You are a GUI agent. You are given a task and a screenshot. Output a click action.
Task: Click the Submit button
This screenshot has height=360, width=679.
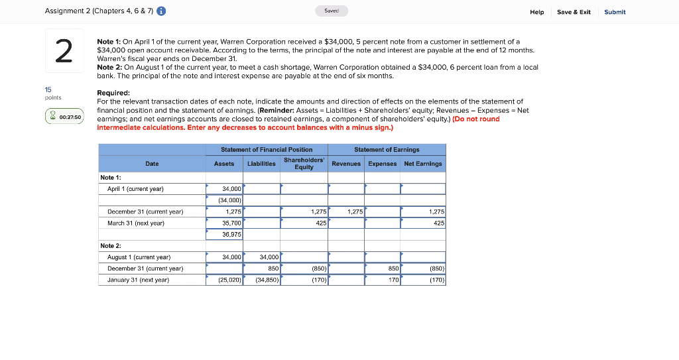coord(615,12)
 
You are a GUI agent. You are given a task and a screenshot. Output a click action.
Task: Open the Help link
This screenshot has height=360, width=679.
coord(537,12)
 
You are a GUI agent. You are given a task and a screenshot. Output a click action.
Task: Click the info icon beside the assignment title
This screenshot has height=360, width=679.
coord(162,11)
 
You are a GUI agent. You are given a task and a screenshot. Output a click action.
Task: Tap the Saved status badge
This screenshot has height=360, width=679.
coord(331,11)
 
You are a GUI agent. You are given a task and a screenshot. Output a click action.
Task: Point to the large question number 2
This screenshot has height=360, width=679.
coord(64,51)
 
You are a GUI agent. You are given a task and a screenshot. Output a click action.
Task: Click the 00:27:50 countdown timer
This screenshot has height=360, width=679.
coord(64,117)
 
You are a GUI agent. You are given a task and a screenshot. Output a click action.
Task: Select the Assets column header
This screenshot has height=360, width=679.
coord(224,164)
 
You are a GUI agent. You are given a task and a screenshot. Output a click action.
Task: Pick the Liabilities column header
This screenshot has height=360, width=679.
coord(262,164)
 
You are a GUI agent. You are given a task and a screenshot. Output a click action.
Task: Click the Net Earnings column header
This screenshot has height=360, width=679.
coord(422,164)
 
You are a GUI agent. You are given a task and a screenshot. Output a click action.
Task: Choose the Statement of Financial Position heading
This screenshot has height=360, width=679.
coord(267,150)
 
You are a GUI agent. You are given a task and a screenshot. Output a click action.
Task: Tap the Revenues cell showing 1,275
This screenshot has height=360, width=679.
coord(347,212)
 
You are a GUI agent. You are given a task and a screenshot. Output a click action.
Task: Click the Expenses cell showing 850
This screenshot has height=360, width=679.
coord(383,269)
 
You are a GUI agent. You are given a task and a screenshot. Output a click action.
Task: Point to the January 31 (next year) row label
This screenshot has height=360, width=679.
coord(138,280)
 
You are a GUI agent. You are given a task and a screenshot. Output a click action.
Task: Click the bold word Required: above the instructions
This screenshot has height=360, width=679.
coord(113,93)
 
